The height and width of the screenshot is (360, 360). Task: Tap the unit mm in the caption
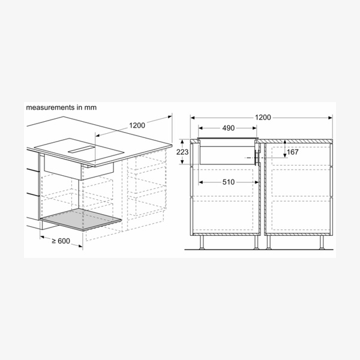coord(90,107)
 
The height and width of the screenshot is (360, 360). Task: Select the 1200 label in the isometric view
coord(137,125)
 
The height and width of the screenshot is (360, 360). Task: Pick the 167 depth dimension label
coord(293,152)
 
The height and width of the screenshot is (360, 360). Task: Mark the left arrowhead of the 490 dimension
coord(200,128)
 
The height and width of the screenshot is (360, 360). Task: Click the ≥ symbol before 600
coord(55,241)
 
